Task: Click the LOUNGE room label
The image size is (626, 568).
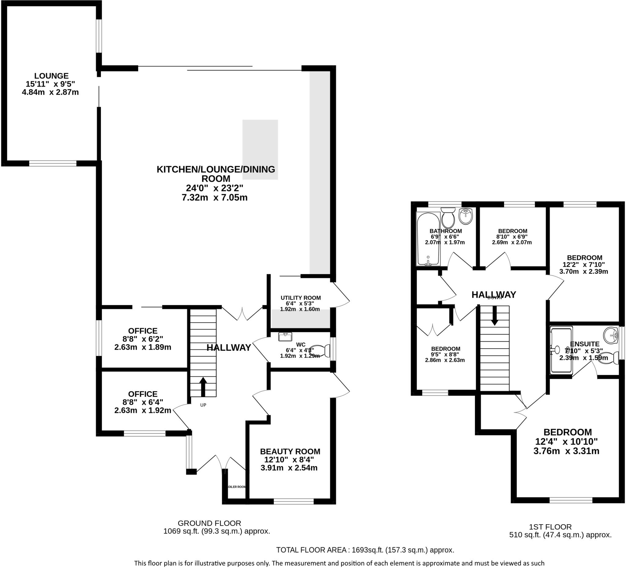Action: (51, 76)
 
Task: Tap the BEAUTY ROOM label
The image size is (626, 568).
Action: (290, 451)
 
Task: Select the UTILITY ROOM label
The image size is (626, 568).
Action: (300, 298)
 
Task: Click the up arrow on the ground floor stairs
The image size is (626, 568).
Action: (203, 387)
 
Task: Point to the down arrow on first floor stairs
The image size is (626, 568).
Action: (494, 315)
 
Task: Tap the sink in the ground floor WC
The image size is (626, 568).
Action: (285, 337)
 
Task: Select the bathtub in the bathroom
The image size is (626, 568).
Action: (428, 239)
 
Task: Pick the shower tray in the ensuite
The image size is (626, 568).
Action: (561, 350)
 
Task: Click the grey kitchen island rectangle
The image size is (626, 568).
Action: (260, 150)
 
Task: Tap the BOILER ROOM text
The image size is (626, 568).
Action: (237, 487)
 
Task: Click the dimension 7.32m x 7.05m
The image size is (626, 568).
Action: (215, 197)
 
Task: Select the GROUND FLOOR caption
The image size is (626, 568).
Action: (209, 523)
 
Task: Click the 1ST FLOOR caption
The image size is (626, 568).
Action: (550, 527)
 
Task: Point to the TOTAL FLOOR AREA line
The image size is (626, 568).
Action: (365, 550)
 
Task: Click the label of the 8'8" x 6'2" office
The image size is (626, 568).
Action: (143, 331)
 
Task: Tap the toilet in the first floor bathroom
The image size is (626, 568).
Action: (448, 218)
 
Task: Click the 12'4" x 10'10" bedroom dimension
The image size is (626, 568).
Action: (566, 442)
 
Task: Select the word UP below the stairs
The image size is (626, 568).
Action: (203, 405)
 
